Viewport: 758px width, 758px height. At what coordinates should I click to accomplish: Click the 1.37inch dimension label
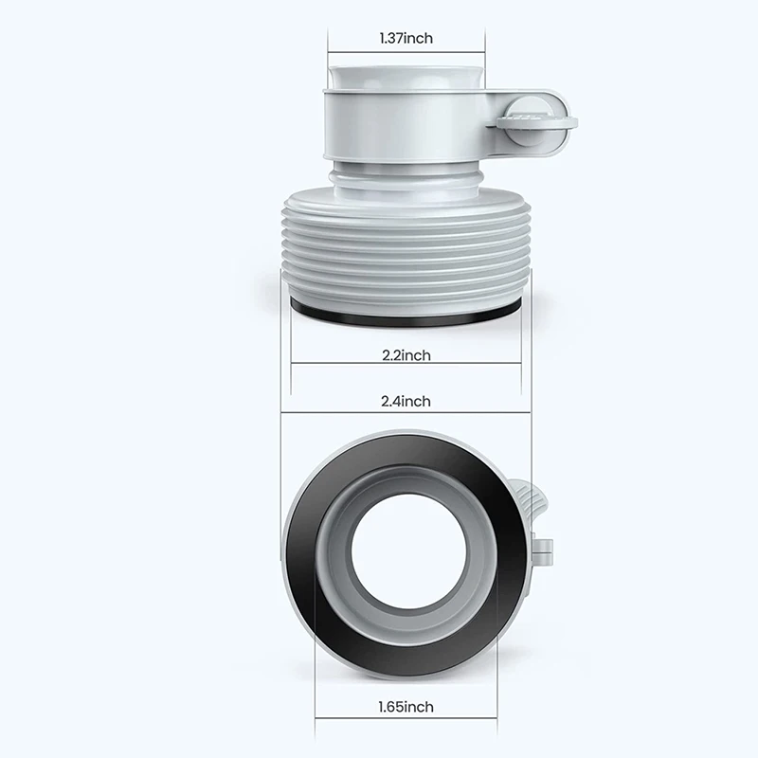(x=406, y=39)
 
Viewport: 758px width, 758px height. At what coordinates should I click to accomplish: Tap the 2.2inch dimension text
(x=406, y=355)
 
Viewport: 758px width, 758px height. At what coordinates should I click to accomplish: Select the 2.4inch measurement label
(x=406, y=402)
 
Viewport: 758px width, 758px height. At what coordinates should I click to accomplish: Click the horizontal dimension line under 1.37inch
(x=406, y=54)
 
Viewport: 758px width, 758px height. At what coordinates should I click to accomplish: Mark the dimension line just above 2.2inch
(x=406, y=363)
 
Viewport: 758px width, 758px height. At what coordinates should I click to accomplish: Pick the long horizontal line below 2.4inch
(x=406, y=413)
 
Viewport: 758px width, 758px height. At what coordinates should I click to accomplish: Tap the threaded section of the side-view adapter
(x=406, y=251)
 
